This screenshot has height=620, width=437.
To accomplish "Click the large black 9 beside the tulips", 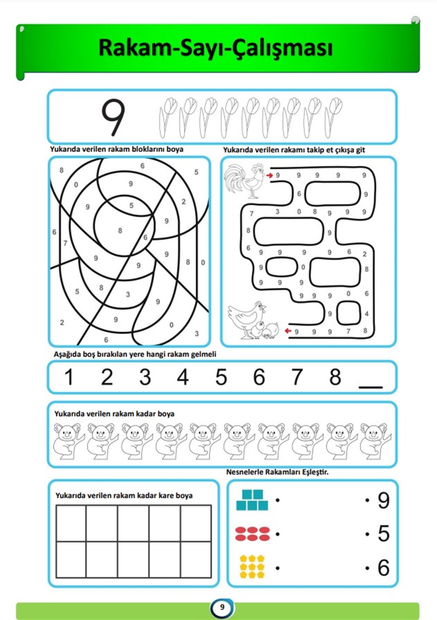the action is [113, 118].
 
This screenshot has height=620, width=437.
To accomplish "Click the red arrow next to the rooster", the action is [269, 175].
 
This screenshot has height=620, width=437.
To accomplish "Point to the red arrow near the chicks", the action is [288, 331].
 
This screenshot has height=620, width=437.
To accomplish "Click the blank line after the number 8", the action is [370, 387].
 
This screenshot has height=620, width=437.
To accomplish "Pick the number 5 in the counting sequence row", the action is [221, 377].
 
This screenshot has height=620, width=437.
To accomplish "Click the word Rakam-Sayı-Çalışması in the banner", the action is [216, 48].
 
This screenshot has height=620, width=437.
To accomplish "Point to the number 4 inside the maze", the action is [367, 314].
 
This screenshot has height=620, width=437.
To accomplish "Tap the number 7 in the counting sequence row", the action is [297, 377].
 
